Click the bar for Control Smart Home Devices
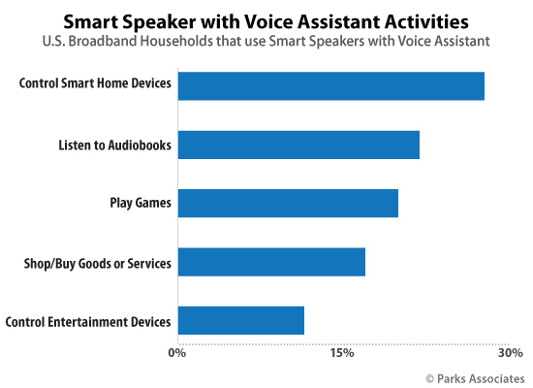[330, 86]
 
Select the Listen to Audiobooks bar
[298, 145]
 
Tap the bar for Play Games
[288, 204]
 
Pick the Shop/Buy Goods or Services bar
[271, 262]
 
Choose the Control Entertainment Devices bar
[241, 320]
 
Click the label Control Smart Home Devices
[95, 83]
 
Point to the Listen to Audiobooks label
[113, 145]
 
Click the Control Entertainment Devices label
[88, 321]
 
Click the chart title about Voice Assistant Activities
[266, 18]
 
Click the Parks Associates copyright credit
[475, 376]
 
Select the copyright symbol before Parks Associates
[430, 376]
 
